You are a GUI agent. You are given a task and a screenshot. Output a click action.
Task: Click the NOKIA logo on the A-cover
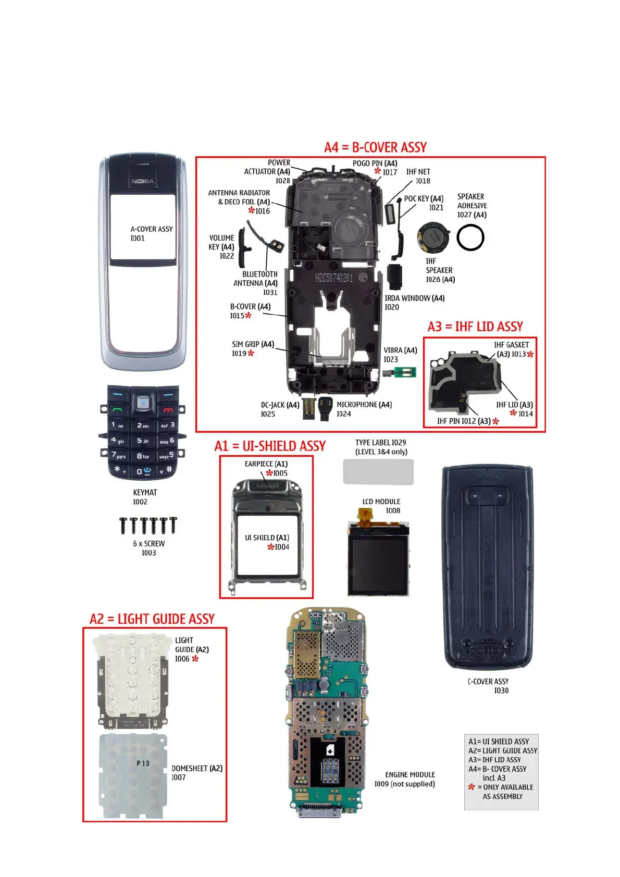click(143, 181)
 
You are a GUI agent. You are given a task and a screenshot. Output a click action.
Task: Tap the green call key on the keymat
click(118, 409)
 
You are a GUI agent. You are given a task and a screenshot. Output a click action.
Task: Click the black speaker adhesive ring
click(470, 237)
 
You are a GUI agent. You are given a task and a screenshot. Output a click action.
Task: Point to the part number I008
click(393, 511)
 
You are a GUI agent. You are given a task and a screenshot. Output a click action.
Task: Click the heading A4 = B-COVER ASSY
click(375, 147)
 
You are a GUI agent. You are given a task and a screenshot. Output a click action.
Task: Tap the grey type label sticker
click(378, 472)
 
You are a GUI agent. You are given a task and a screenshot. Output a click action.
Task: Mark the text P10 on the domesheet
click(143, 763)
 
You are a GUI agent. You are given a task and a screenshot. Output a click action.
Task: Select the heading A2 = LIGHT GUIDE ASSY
click(152, 619)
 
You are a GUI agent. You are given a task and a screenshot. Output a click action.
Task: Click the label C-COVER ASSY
click(488, 681)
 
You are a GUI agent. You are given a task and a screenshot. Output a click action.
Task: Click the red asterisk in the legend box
click(472, 787)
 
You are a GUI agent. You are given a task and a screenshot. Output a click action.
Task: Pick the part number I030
click(501, 691)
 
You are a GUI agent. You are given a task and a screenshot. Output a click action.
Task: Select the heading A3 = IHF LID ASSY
click(475, 327)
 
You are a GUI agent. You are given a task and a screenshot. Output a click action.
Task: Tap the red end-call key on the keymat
click(168, 409)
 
